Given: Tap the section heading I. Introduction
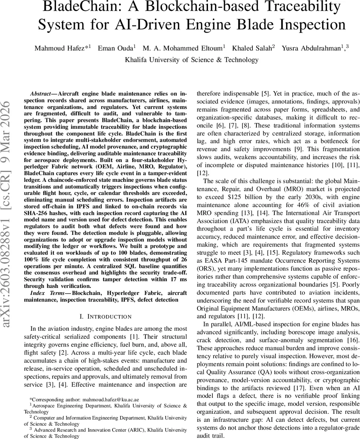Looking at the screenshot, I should click(x=105, y=316).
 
